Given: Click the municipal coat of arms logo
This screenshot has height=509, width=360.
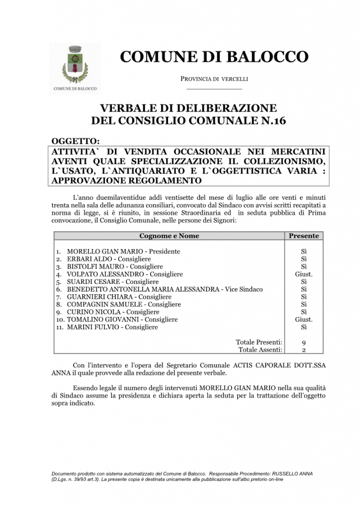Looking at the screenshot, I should pyautogui.click(x=75, y=69).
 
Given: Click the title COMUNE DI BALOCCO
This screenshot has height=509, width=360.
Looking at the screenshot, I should pyautogui.click(x=214, y=57).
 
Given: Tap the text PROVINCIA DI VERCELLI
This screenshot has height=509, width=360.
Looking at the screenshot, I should pyautogui.click(x=214, y=79).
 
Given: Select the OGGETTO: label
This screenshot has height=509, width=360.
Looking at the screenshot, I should pyautogui.click(x=76, y=141).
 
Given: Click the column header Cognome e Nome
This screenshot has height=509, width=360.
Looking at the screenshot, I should pyautogui.click(x=169, y=236).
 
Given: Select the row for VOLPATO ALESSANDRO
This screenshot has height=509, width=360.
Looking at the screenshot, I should pyautogui.click(x=124, y=274).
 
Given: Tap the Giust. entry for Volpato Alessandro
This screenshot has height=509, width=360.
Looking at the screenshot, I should pyautogui.click(x=304, y=274).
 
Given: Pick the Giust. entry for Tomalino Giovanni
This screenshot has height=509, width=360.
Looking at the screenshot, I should pyautogui.click(x=304, y=320).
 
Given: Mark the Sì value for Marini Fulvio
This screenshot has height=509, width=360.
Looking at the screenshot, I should pyautogui.click(x=304, y=327).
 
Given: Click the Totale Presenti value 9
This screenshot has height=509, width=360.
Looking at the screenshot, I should pyautogui.click(x=304, y=342).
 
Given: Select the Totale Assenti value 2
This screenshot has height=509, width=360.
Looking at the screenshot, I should pyautogui.click(x=304, y=350).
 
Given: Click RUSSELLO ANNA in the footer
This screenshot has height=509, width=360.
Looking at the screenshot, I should pyautogui.click(x=291, y=473).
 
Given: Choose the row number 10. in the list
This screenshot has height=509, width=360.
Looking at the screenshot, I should pyautogui.click(x=60, y=320).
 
